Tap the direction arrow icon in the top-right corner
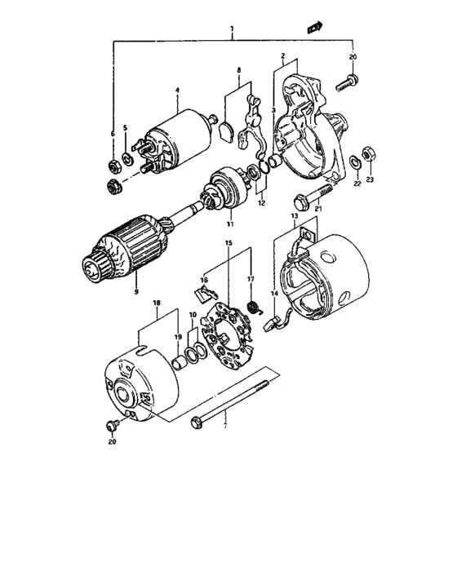coord(312,28)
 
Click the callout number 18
coord(155,303)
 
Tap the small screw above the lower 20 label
coord(112,425)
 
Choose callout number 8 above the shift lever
coord(238,71)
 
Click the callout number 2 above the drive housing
coord(282,56)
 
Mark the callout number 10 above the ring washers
coord(193,315)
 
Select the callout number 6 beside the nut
coord(113,132)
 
